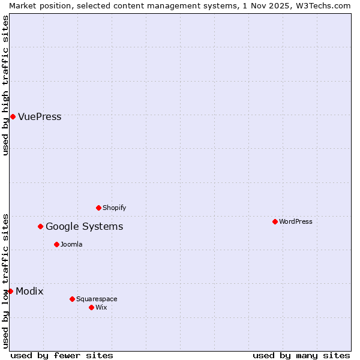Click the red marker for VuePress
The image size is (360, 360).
click(x=13, y=116)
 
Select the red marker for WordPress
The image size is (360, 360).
click(x=275, y=221)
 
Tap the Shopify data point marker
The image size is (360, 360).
click(x=98, y=208)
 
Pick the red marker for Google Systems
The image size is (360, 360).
click(x=40, y=226)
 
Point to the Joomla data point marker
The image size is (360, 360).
click(x=56, y=244)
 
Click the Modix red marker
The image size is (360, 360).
click(x=10, y=291)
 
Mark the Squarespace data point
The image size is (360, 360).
click(x=72, y=299)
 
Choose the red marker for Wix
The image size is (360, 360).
click(x=91, y=307)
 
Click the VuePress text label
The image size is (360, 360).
click(x=40, y=116)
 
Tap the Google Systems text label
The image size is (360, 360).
click(x=84, y=226)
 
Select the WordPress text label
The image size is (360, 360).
click(x=296, y=221)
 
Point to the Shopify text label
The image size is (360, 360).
click(x=114, y=208)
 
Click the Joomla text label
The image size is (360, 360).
click(x=71, y=244)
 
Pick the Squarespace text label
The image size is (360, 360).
click(x=97, y=299)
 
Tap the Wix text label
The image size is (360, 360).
click(x=101, y=307)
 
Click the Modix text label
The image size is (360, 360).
click(x=29, y=291)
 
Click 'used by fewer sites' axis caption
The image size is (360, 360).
click(x=62, y=355)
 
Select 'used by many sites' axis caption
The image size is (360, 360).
click(x=301, y=355)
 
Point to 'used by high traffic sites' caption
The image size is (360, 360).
click(x=5, y=85)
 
